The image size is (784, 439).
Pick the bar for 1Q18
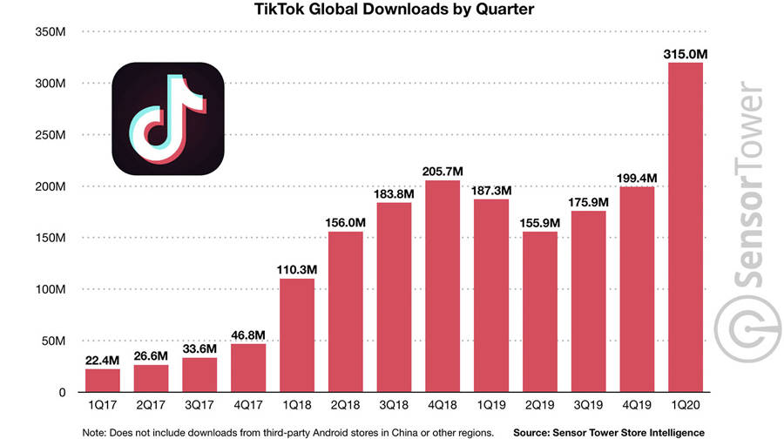click(297, 335)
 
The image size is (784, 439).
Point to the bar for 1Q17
click(103, 380)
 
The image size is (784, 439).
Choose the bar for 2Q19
click(540, 312)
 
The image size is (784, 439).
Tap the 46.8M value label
click(248, 334)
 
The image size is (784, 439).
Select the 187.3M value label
click(491, 190)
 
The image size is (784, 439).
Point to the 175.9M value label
click(589, 201)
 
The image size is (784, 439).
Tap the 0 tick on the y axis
click(61, 392)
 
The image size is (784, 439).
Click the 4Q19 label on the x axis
click(637, 407)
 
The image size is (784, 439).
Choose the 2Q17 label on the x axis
click(152, 407)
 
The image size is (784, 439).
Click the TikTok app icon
click(168, 119)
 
